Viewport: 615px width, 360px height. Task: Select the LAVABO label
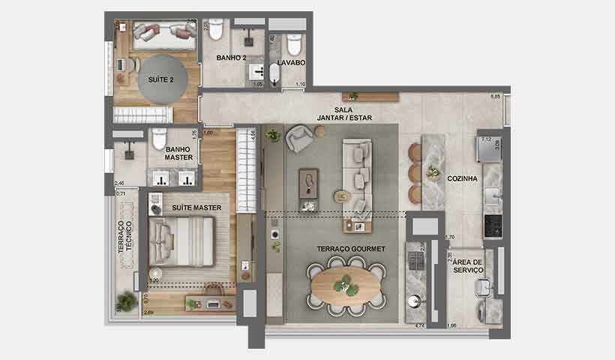291,63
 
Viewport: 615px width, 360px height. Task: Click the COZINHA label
463,178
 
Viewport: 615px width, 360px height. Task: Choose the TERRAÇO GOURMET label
352,248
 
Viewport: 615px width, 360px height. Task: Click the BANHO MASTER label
179,153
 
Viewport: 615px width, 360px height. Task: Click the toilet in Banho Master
158,139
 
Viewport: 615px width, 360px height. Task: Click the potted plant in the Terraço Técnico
126,301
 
